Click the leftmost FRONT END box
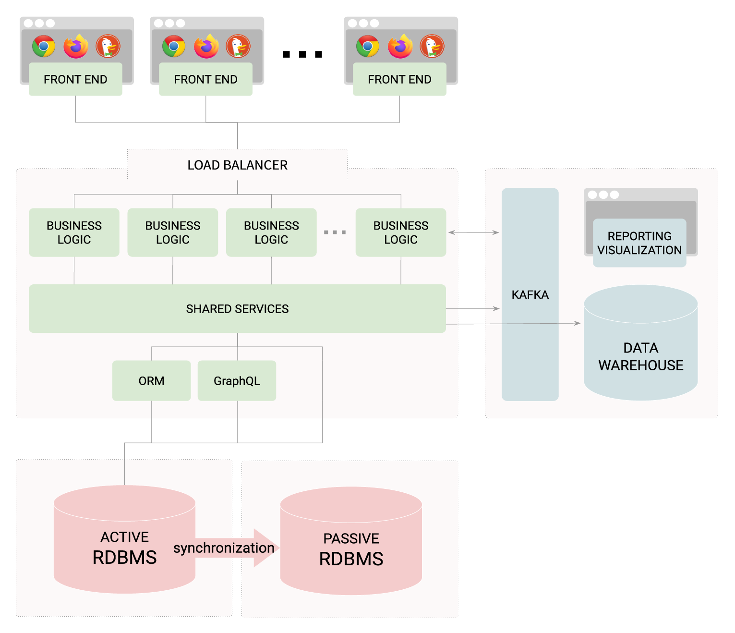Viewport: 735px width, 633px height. (x=75, y=79)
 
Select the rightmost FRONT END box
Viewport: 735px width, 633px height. (x=399, y=79)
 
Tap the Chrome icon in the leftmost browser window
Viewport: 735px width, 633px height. (x=44, y=47)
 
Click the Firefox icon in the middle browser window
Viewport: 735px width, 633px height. (x=206, y=47)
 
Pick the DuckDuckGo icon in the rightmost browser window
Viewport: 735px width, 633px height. (x=432, y=47)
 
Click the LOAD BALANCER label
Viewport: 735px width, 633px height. (x=237, y=165)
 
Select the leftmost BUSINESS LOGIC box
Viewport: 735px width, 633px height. (x=74, y=232)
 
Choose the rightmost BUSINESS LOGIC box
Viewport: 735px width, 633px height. (x=400, y=232)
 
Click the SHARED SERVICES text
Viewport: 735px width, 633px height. (x=237, y=309)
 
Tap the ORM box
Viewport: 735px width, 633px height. (x=151, y=381)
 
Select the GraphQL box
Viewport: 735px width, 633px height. (x=237, y=381)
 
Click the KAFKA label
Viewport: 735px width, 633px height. (x=530, y=294)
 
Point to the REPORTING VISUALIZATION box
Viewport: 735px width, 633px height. (x=639, y=243)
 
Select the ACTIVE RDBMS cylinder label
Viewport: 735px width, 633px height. (x=124, y=548)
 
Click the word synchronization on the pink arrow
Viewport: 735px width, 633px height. (x=224, y=548)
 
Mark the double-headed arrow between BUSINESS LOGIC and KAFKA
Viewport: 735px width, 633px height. (x=473, y=232)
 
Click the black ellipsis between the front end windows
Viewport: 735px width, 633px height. (x=302, y=54)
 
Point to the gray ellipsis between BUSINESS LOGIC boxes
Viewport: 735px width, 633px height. (x=335, y=232)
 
